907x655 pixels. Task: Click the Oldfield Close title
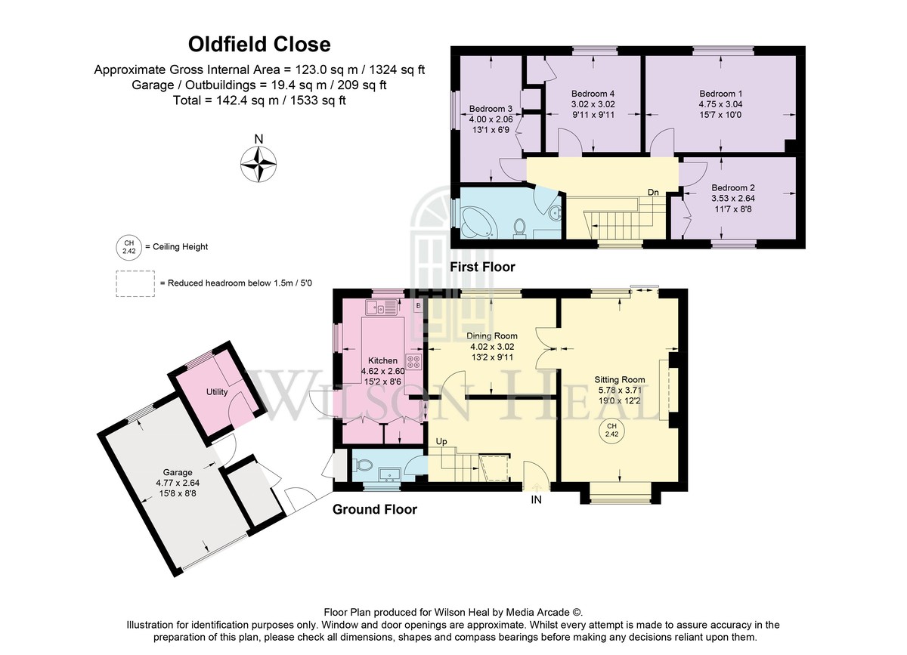pos(259,45)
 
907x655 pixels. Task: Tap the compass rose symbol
pos(258,165)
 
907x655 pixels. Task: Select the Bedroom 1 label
pos(720,94)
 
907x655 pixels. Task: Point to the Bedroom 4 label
pos(593,94)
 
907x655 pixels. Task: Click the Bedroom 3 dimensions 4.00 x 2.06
pos(491,119)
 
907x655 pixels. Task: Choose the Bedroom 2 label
pos(733,188)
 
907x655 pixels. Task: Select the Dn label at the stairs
pos(653,193)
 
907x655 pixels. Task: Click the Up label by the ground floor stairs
pos(441,441)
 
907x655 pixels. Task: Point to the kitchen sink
pos(382,307)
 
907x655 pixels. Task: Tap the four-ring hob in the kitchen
pos(413,362)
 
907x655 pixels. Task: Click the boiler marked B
pos(418,306)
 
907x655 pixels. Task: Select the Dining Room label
pos(492,336)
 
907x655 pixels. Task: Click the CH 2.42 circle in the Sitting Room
pos(611,430)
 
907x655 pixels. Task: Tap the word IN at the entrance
pos(536,500)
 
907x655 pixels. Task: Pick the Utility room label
pos(217,392)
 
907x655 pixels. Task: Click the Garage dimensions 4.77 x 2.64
pos(178,483)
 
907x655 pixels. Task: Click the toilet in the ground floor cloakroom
pos(362,465)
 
